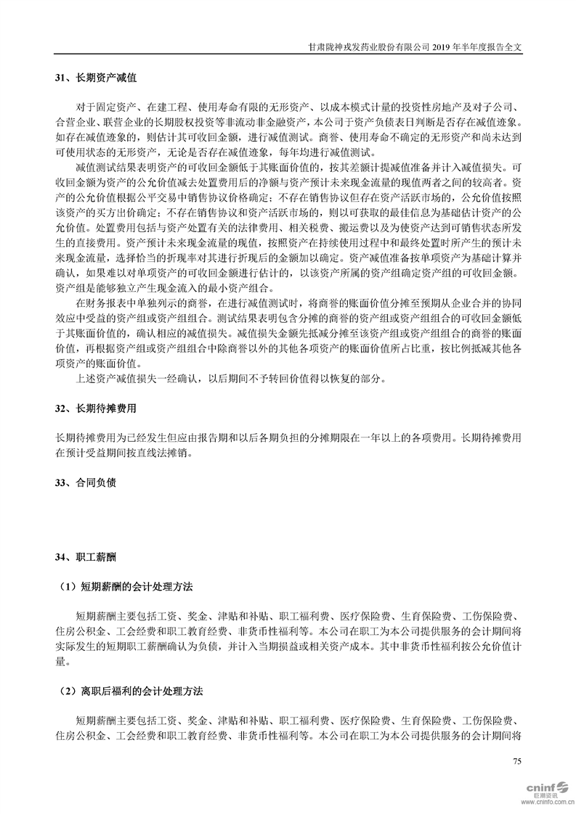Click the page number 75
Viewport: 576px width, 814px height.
click(517, 761)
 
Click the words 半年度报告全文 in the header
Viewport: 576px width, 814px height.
click(499, 45)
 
